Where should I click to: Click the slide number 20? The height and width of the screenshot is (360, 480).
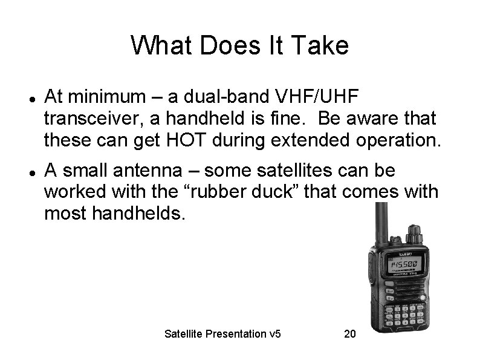pos(349,333)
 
